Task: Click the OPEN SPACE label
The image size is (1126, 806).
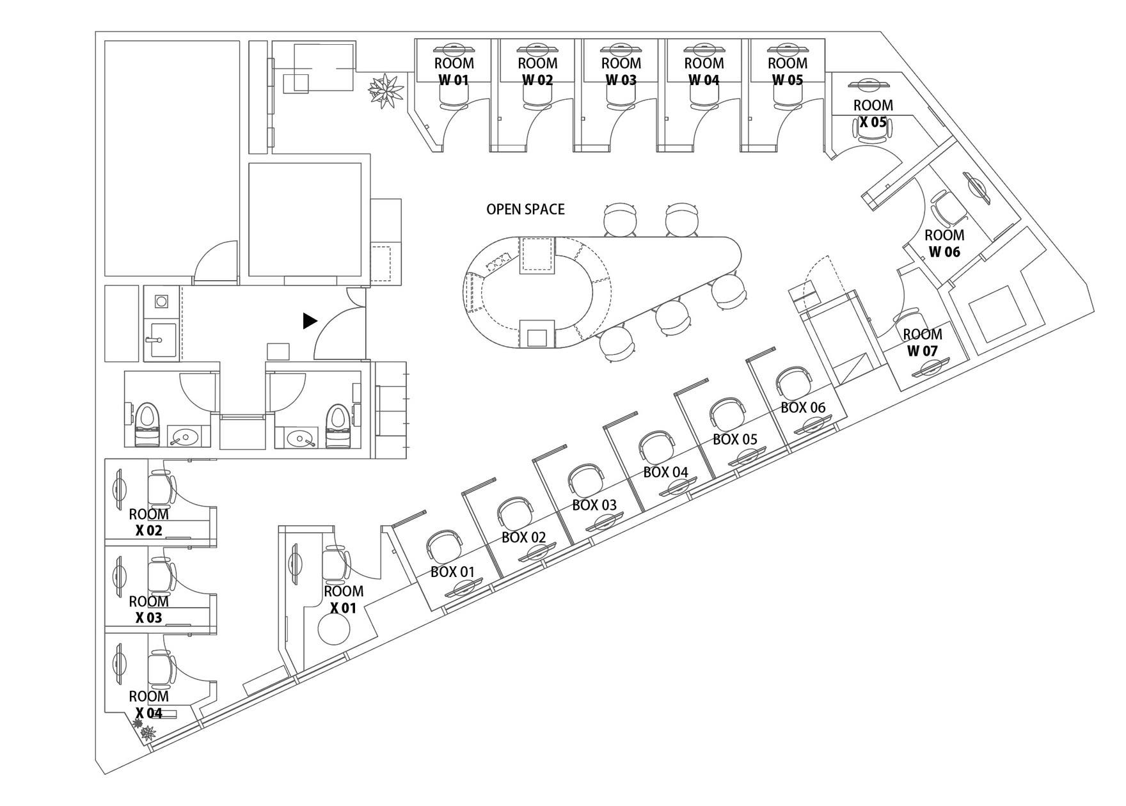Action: point(525,209)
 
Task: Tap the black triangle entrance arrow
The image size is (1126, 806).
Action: point(310,321)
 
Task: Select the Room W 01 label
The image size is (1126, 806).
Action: point(454,72)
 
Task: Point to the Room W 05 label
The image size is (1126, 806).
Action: point(787,72)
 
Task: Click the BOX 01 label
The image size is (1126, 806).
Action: point(452,572)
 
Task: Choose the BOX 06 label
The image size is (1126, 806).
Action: point(803,407)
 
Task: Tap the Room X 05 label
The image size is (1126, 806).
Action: point(873,113)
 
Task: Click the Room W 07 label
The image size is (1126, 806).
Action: point(922,342)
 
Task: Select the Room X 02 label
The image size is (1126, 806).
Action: point(148,522)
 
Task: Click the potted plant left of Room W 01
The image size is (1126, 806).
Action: point(386,91)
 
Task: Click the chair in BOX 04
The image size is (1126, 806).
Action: point(658,447)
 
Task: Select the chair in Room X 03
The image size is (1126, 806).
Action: point(160,576)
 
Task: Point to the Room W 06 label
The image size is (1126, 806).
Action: point(944,243)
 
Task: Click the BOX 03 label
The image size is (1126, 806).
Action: point(594,505)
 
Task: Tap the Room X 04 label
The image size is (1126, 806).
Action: point(148,704)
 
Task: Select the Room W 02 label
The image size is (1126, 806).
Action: point(537,72)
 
